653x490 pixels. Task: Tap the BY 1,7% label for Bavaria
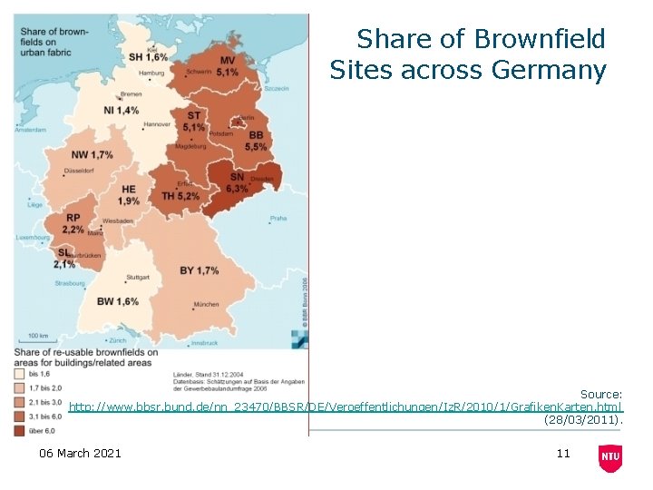[199, 270]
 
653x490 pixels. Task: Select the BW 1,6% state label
[118, 301]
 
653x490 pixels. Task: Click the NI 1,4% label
[121, 110]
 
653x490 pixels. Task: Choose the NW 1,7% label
[92, 155]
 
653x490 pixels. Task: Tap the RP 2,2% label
[73, 224]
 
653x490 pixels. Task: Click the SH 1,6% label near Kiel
[148, 56]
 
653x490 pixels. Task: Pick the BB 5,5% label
[256, 141]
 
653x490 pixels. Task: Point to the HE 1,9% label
[129, 195]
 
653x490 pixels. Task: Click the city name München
[206, 304]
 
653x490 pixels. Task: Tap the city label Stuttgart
[138, 277]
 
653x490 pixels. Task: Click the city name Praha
[278, 218]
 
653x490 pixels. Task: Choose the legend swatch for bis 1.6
[20, 373]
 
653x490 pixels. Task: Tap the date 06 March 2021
[80, 453]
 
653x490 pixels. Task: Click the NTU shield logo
[610, 458]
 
